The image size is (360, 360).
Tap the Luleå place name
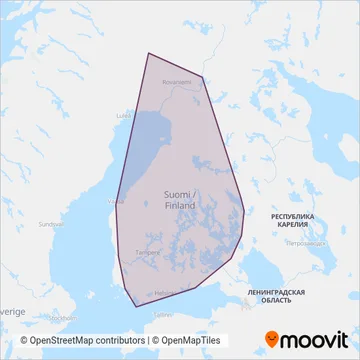tap(124, 115)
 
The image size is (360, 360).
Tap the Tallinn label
tap(162, 313)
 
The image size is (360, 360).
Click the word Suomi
tap(179, 194)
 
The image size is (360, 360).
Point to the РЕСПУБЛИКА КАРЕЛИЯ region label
tap(293, 221)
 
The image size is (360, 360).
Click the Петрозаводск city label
tap(305, 243)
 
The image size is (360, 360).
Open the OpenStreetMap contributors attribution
tap(80, 339)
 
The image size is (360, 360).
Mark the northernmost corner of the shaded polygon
tap(148, 53)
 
